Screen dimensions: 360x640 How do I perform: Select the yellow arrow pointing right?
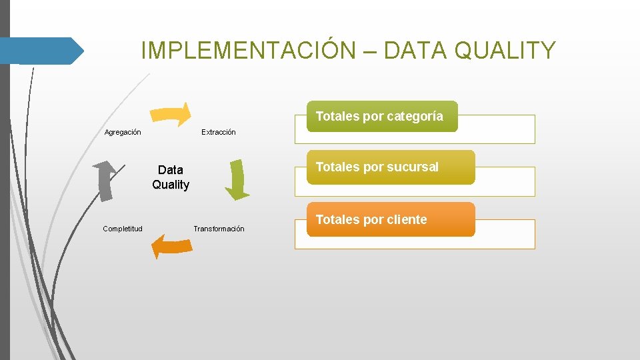[171, 114]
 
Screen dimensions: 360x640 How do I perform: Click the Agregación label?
[123, 132]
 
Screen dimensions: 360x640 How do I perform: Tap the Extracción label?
[219, 132]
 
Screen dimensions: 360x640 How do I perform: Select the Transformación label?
[219, 229]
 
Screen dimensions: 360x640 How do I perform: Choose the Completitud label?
[123, 229]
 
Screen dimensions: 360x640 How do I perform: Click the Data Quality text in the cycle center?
[171, 177]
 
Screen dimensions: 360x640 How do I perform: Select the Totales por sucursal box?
[390, 167]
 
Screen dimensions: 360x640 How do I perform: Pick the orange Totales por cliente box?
[390, 219]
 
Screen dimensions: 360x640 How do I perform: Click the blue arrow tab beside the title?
[41, 51]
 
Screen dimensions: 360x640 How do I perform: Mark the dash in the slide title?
[371, 50]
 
